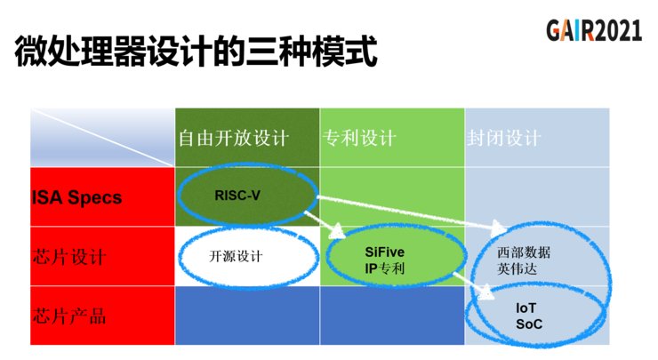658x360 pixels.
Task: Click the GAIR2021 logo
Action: [x=593, y=31]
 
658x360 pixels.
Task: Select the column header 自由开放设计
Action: [x=234, y=139]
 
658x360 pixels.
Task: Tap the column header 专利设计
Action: [x=359, y=139]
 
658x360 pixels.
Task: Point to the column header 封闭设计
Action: [x=503, y=139]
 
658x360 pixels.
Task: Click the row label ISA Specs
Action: [x=77, y=197]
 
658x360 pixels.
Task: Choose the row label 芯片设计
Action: [x=69, y=257]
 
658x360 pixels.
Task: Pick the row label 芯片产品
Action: [x=69, y=315]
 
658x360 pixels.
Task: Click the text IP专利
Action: [x=385, y=267]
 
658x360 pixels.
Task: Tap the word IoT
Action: [x=527, y=308]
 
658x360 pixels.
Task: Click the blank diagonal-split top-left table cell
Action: [x=102, y=138]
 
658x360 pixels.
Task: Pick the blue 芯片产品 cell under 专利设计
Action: [x=391, y=316]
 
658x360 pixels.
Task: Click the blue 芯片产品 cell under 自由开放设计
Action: [x=246, y=316]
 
